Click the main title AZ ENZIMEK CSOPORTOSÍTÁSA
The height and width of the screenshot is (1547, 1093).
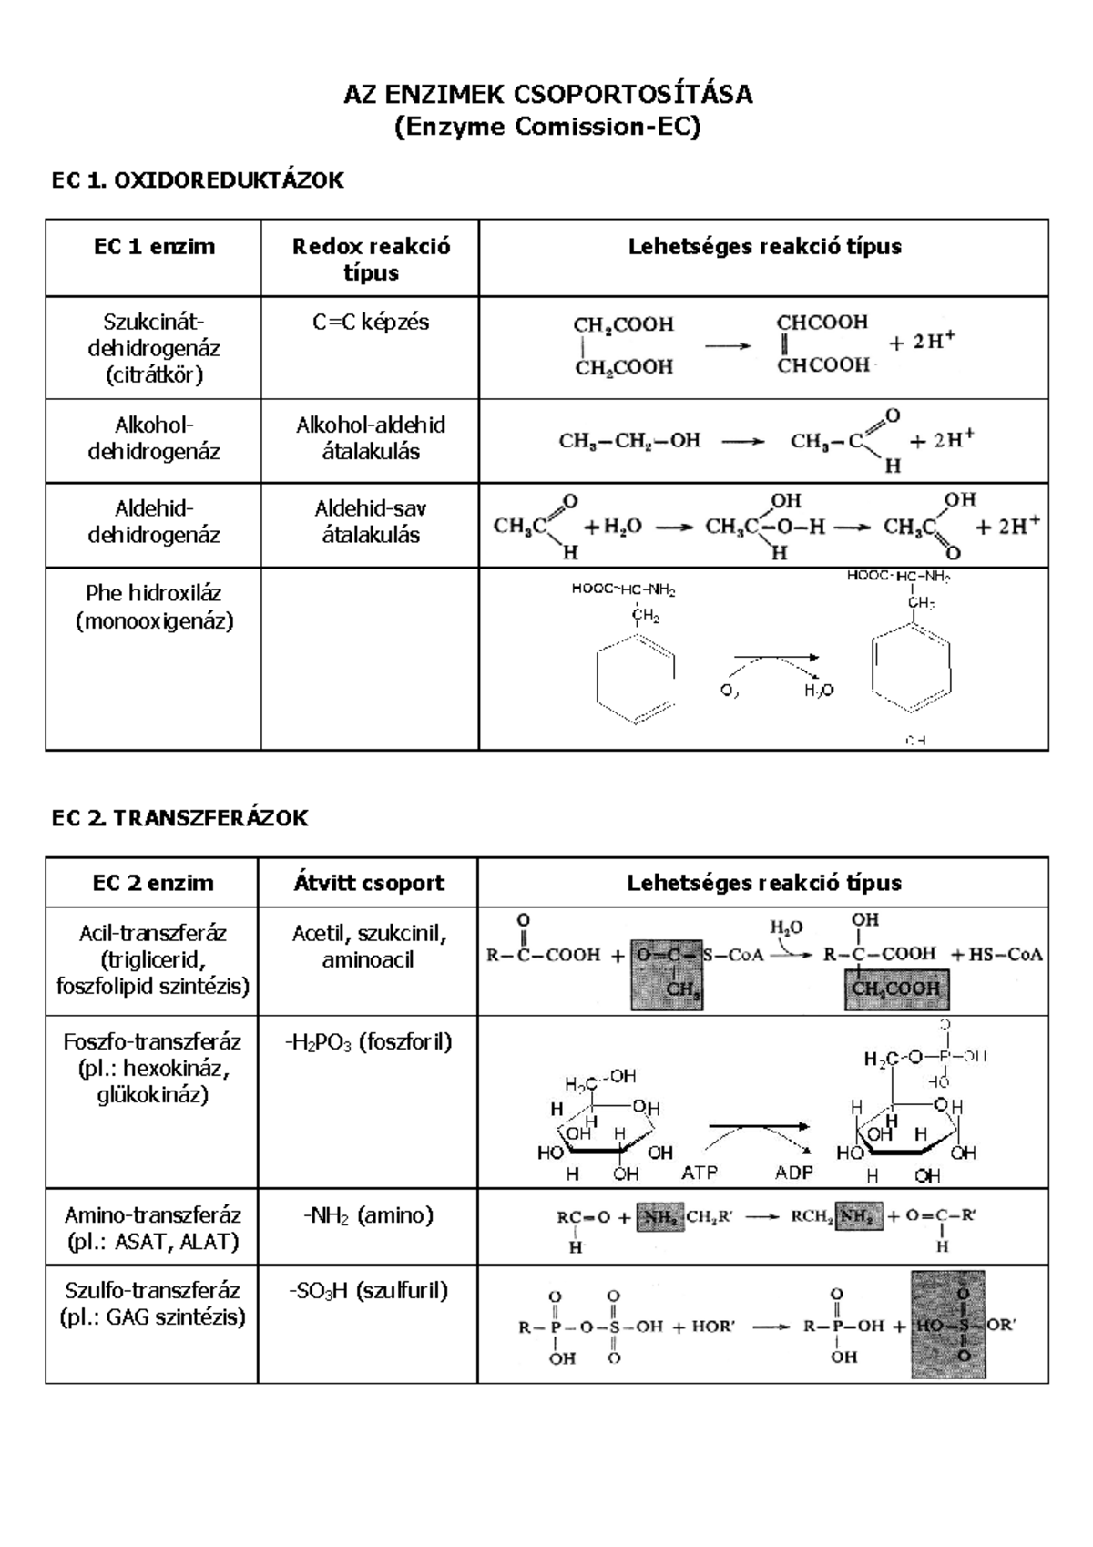(547, 94)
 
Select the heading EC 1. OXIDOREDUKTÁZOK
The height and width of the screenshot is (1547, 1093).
(198, 180)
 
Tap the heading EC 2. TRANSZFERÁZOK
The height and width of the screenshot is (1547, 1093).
(179, 818)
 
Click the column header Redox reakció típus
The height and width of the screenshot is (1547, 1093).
(371, 259)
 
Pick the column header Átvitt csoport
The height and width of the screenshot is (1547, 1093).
(369, 883)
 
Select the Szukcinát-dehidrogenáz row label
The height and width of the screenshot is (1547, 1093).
(154, 348)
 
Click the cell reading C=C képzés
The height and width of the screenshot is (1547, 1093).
(371, 323)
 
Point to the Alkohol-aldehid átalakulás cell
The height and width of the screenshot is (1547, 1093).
(371, 437)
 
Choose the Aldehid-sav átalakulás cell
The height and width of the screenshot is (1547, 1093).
(371, 521)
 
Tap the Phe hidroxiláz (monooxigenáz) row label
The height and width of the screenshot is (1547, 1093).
(154, 607)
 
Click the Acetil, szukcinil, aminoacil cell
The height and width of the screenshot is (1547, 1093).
(369, 946)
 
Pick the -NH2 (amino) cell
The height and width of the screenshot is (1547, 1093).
(369, 1215)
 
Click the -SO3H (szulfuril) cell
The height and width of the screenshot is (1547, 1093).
(369, 1291)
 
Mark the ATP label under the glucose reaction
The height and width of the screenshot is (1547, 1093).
(700, 1173)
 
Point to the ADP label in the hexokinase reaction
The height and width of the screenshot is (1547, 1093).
(794, 1173)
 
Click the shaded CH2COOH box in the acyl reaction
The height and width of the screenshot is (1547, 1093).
(896, 989)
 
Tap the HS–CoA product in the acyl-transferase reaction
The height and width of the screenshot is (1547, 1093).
(997, 955)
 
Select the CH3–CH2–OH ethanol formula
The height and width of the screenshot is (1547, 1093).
(629, 441)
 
